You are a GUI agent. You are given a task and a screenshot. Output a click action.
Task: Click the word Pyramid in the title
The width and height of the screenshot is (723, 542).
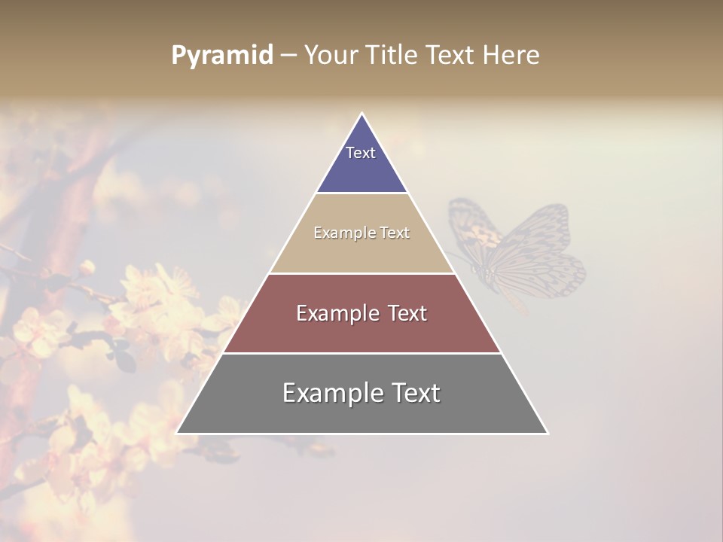tap(221, 56)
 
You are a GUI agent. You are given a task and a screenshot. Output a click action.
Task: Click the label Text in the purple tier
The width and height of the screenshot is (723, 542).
tap(361, 153)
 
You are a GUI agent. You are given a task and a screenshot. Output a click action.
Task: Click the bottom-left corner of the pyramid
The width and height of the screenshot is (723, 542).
tap(177, 434)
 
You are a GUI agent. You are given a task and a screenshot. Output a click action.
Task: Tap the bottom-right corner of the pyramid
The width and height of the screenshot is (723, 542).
tap(548, 434)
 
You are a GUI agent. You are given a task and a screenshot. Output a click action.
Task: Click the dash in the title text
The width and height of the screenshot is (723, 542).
tap(288, 56)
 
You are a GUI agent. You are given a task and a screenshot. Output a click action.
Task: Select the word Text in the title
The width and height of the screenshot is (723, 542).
tap(450, 56)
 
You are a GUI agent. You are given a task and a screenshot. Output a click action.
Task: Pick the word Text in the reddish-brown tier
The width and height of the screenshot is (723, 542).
tap(404, 313)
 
